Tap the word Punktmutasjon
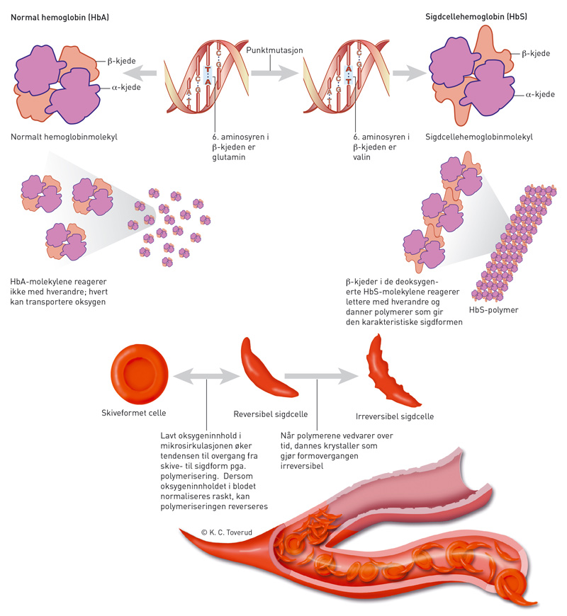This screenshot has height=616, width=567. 272,51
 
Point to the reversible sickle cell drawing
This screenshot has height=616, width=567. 270,369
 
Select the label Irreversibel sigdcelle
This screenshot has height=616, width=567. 394,417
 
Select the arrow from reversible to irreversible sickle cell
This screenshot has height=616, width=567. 320,377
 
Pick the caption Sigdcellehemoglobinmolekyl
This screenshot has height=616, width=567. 478,137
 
